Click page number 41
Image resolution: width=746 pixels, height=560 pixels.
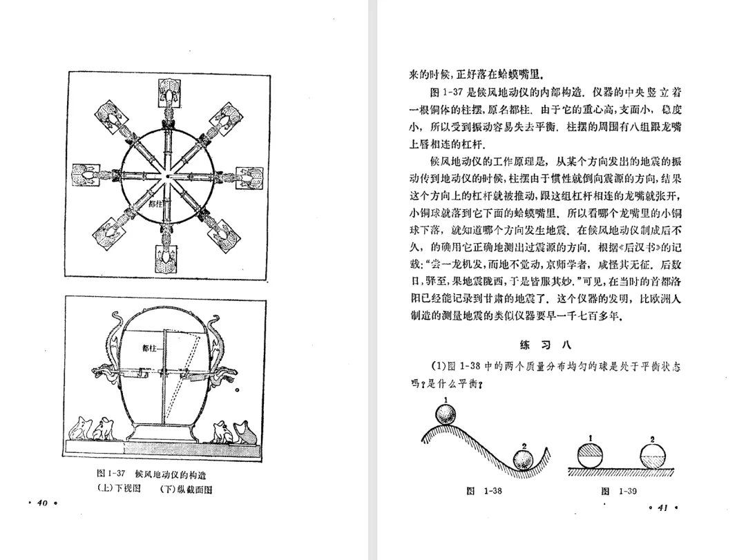(x=661, y=508)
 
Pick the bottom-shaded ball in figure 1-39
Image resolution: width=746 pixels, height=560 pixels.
(x=653, y=455)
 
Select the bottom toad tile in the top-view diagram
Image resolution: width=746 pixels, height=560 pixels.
(x=166, y=258)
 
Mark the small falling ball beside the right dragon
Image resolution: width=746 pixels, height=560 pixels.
(x=237, y=392)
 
